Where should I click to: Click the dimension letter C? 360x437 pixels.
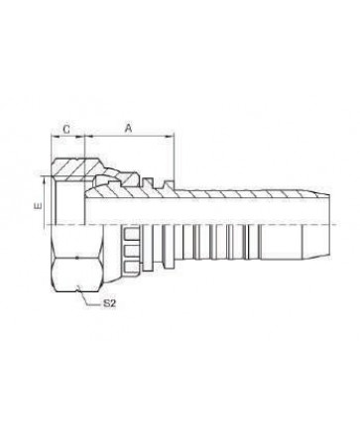(66, 129)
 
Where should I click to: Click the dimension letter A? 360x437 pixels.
(128, 128)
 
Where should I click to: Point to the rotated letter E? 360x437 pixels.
(39, 206)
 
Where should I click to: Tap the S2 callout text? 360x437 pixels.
(109, 304)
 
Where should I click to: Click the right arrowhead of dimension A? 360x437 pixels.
(171, 136)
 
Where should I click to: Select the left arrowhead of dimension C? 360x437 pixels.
(55, 136)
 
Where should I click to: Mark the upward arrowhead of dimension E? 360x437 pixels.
(44, 179)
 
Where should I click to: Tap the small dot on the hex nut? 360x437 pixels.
(77, 258)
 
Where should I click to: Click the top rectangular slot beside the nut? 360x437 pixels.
(131, 235)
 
